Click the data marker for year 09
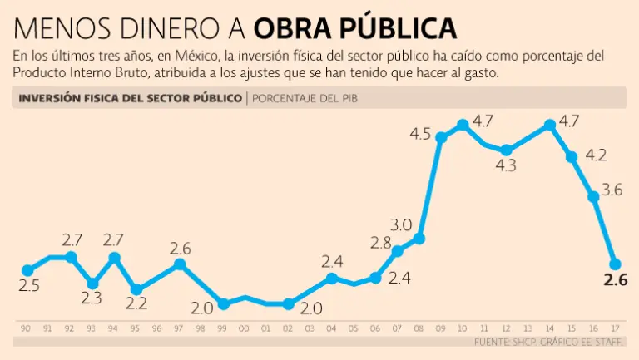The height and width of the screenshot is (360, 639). pos(441,137)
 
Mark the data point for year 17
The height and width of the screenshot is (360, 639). pos(615,263)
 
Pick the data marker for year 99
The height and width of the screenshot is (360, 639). pos(223,303)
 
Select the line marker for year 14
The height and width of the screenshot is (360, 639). pos(549,125)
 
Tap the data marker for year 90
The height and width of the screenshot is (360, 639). pos(27,270)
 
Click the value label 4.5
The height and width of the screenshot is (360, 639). pos(420,134)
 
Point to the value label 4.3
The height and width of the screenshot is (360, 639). pos(506,165)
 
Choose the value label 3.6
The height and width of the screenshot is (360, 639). pos(612,190)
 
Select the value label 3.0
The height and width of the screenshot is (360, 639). pos(401,224)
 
